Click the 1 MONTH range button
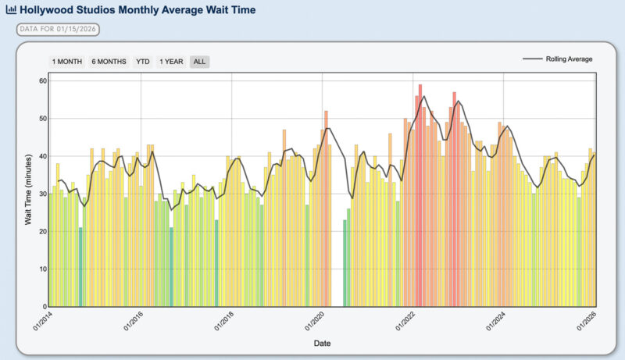pos(66,62)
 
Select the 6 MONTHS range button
pos(109,62)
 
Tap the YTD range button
pos(143,62)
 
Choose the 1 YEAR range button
pos(172,62)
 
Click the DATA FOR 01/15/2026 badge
pos(58,30)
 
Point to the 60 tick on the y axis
pos(42,81)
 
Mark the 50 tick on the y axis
pos(42,119)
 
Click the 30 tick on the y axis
pos(42,194)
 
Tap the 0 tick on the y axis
pos(45,306)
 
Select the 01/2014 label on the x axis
pos(40,321)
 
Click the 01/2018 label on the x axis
pos(222,321)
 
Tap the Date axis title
pos(322,343)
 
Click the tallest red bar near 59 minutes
pos(420,195)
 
